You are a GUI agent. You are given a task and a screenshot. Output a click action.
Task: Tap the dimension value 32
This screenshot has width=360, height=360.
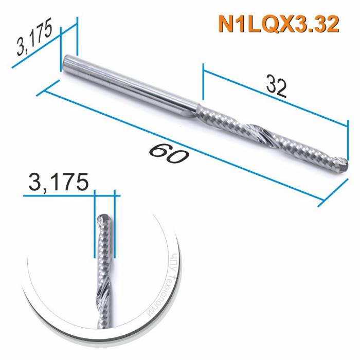coord(276,87)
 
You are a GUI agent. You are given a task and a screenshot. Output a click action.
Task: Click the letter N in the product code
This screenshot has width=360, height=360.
coord(225,24)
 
